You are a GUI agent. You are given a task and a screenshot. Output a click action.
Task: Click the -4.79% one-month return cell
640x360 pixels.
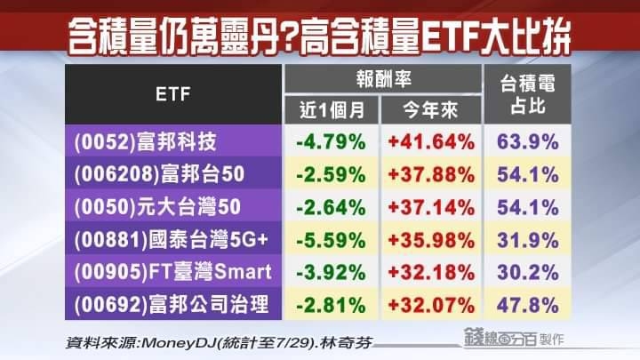point(330,140)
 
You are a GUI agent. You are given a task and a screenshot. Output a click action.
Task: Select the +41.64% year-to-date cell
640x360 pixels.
point(429,140)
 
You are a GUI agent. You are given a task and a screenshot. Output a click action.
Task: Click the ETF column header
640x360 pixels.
point(173,93)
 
